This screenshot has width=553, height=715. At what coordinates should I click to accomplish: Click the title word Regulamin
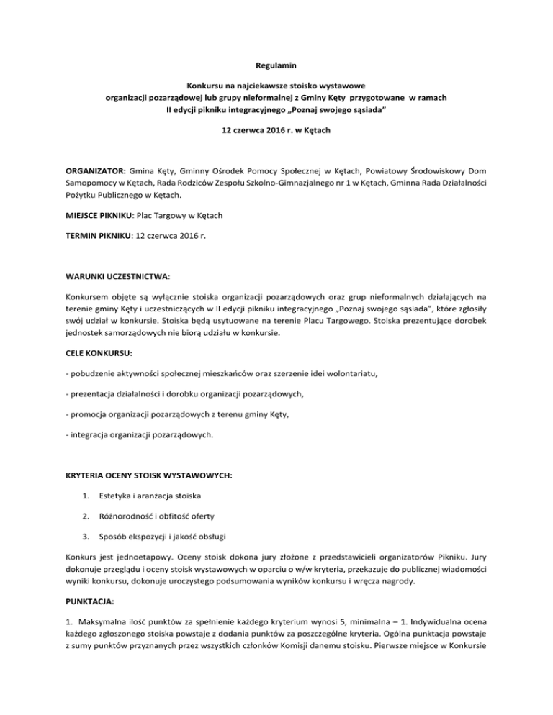coord(276,65)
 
